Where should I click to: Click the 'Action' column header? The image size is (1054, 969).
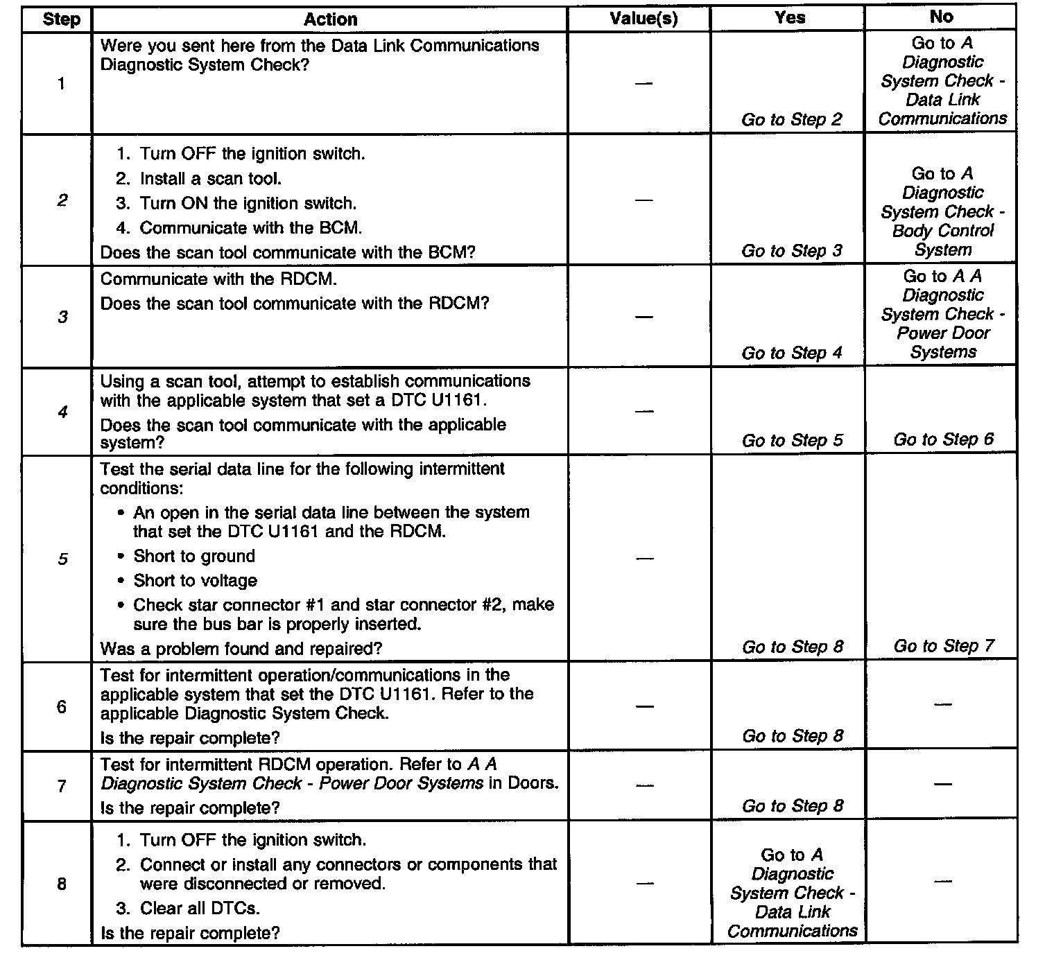tap(330, 19)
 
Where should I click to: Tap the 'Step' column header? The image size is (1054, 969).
tap(61, 19)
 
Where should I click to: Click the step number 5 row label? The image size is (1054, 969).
tap(62, 559)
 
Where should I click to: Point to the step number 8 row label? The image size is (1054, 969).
tap(62, 884)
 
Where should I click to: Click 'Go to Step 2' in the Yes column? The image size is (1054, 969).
tap(792, 120)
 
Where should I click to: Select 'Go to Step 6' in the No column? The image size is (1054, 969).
tap(943, 439)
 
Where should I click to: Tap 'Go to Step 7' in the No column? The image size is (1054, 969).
tap(943, 646)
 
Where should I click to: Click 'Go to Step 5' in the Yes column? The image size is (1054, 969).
tap(792, 441)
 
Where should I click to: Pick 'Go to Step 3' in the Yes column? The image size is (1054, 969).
tap(792, 251)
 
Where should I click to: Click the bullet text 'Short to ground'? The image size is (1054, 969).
tap(194, 556)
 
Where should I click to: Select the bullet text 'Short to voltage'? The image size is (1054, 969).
tap(195, 580)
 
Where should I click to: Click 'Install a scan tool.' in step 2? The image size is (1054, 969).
tap(210, 179)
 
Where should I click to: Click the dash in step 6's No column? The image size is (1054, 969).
tap(942, 705)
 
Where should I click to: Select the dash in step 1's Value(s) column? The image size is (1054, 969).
tap(644, 83)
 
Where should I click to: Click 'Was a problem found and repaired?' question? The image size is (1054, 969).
tap(241, 649)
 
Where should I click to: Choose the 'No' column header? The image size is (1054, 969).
tap(941, 17)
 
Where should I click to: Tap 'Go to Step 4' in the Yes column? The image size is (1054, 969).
tap(792, 353)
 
